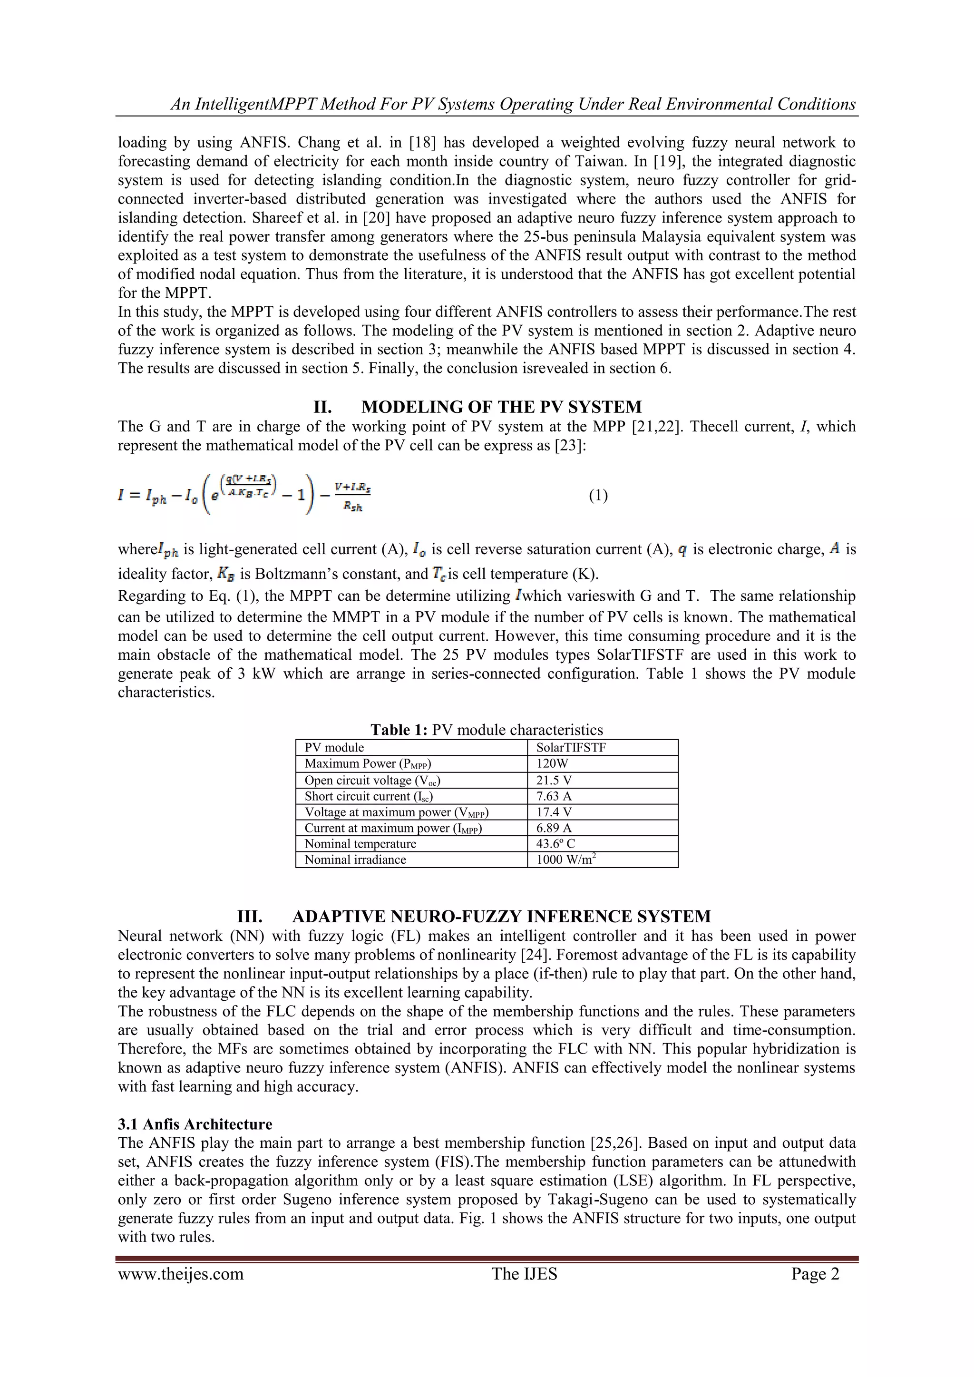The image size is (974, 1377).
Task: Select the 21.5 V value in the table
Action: coord(554,780)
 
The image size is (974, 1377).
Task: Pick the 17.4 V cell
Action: coord(554,812)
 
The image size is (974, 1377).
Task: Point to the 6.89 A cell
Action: coord(554,828)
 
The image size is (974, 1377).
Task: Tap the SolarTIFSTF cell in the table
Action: coord(571,748)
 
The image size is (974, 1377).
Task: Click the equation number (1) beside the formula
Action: coord(598,495)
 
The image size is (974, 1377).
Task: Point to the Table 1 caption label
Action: coord(399,730)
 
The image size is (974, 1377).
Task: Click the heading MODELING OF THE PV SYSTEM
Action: coord(501,407)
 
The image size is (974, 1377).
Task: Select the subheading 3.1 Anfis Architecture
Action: coord(195,1124)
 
